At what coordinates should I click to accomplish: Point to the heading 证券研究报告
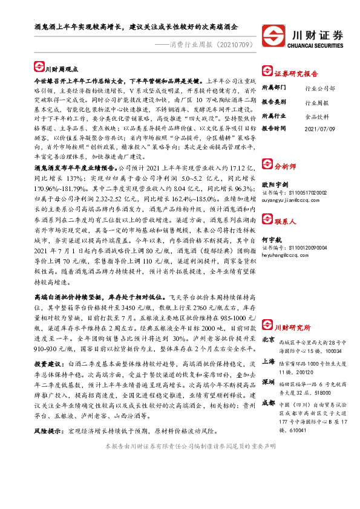296,73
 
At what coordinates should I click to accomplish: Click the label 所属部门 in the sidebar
274,88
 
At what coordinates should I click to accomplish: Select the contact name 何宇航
271,241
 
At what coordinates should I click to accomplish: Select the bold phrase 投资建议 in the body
48,364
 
